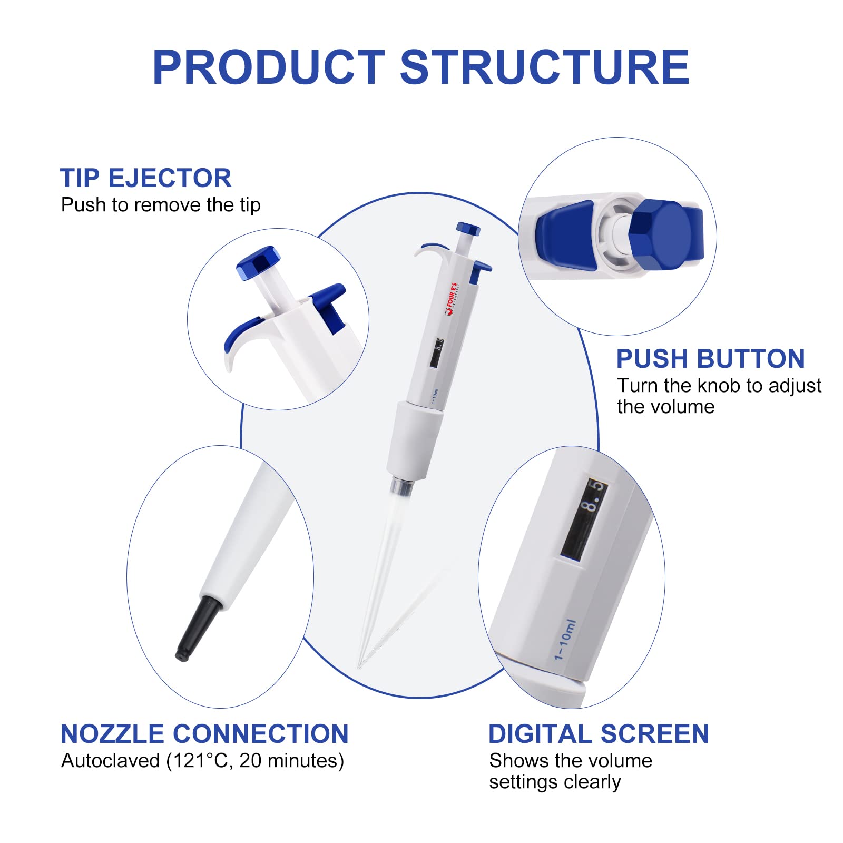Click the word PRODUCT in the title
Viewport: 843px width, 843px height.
point(269,67)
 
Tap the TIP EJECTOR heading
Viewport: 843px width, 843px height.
point(145,178)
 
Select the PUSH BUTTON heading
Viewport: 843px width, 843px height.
point(710,359)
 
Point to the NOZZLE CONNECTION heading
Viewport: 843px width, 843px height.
point(204,733)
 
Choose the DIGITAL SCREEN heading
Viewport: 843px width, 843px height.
point(599,733)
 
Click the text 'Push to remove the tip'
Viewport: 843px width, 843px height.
point(161,205)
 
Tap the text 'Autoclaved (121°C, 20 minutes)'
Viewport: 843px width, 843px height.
point(202,761)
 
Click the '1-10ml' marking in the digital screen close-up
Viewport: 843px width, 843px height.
point(565,640)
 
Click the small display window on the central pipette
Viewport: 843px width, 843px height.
point(436,354)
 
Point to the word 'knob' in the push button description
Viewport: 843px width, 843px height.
point(719,386)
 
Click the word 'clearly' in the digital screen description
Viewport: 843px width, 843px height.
point(592,782)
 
